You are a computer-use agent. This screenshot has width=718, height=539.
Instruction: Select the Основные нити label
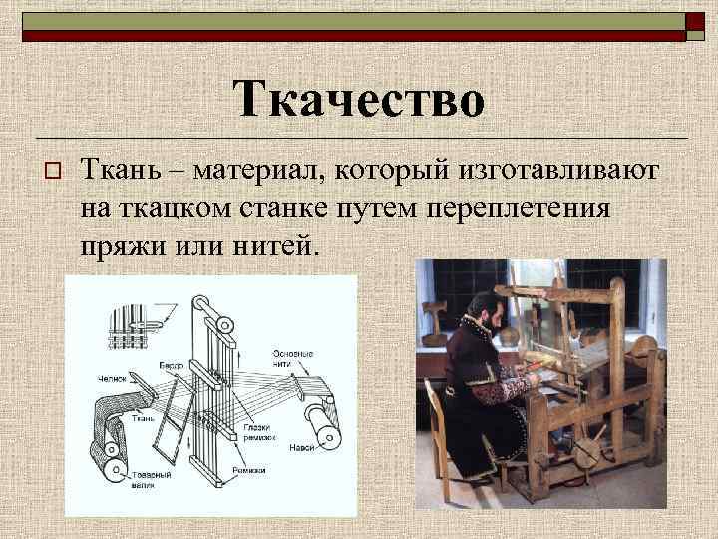294,359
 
